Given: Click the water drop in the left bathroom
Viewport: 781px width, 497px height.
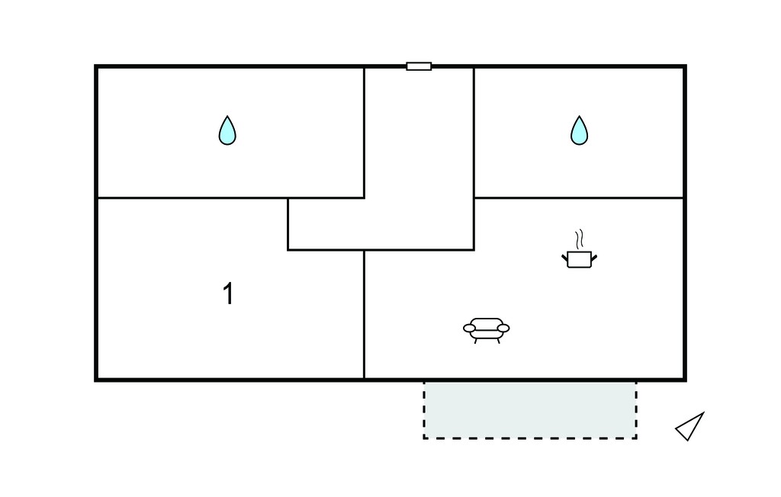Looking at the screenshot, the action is click(227, 131).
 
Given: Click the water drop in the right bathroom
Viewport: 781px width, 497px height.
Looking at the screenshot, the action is click(579, 131).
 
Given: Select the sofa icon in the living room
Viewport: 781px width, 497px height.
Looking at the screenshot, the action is click(486, 330).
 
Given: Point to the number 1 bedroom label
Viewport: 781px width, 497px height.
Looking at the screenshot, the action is click(228, 293).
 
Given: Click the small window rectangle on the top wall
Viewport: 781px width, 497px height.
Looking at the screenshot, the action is click(419, 66).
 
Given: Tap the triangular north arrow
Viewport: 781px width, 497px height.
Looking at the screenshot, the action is click(690, 427).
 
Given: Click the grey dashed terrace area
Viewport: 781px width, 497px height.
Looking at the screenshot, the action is click(530, 410).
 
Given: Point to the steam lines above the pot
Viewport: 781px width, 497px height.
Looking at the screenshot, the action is click(579, 239).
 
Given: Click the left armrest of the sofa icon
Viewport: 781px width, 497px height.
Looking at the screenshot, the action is click(469, 329).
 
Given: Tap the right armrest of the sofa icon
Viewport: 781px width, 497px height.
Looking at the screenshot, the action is click(503, 329).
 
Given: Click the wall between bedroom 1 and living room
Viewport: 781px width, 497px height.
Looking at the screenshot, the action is click(364, 314).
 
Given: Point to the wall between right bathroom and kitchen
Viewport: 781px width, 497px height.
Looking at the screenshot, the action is click(578, 197).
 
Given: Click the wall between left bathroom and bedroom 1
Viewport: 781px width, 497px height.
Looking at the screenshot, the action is click(230, 197).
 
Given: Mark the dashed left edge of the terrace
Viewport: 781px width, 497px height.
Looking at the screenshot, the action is click(424, 410).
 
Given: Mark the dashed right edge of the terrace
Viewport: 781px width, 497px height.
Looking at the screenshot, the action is click(636, 410).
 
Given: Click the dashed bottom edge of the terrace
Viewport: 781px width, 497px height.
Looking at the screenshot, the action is click(530, 438).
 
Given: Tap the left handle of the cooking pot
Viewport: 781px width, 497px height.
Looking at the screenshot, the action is click(565, 258).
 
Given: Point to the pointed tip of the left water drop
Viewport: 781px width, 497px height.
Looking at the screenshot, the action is click(227, 116).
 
